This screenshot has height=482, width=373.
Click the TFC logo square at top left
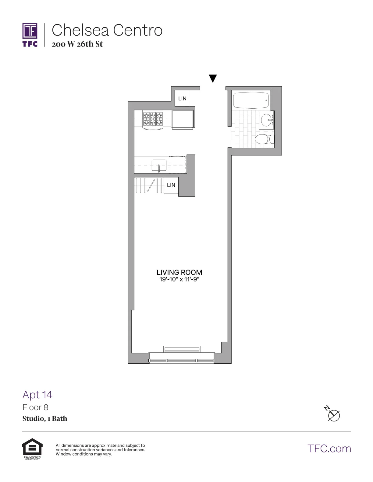coord(30,31)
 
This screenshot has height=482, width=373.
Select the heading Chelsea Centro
coord(107,30)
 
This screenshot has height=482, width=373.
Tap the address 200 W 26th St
coord(77,44)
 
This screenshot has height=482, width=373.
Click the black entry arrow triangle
coord(213,78)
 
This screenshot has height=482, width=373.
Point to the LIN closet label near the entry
coord(182,98)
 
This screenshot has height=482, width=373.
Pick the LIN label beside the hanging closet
coord(171,185)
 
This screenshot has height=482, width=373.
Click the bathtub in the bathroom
coord(251,100)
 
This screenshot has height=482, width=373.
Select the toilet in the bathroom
coord(263,139)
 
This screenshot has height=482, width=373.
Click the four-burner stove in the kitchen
coord(153,119)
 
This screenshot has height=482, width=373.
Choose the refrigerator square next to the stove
coord(183,119)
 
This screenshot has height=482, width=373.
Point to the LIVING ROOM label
coord(179,272)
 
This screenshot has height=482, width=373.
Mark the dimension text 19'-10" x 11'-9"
coord(179,279)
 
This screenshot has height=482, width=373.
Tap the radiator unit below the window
coord(182,349)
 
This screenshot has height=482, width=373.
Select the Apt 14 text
coord(37,395)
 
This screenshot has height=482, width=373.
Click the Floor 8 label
coord(35,407)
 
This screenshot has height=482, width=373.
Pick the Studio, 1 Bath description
coord(45,419)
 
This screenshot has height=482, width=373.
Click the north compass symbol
coord(333,415)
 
